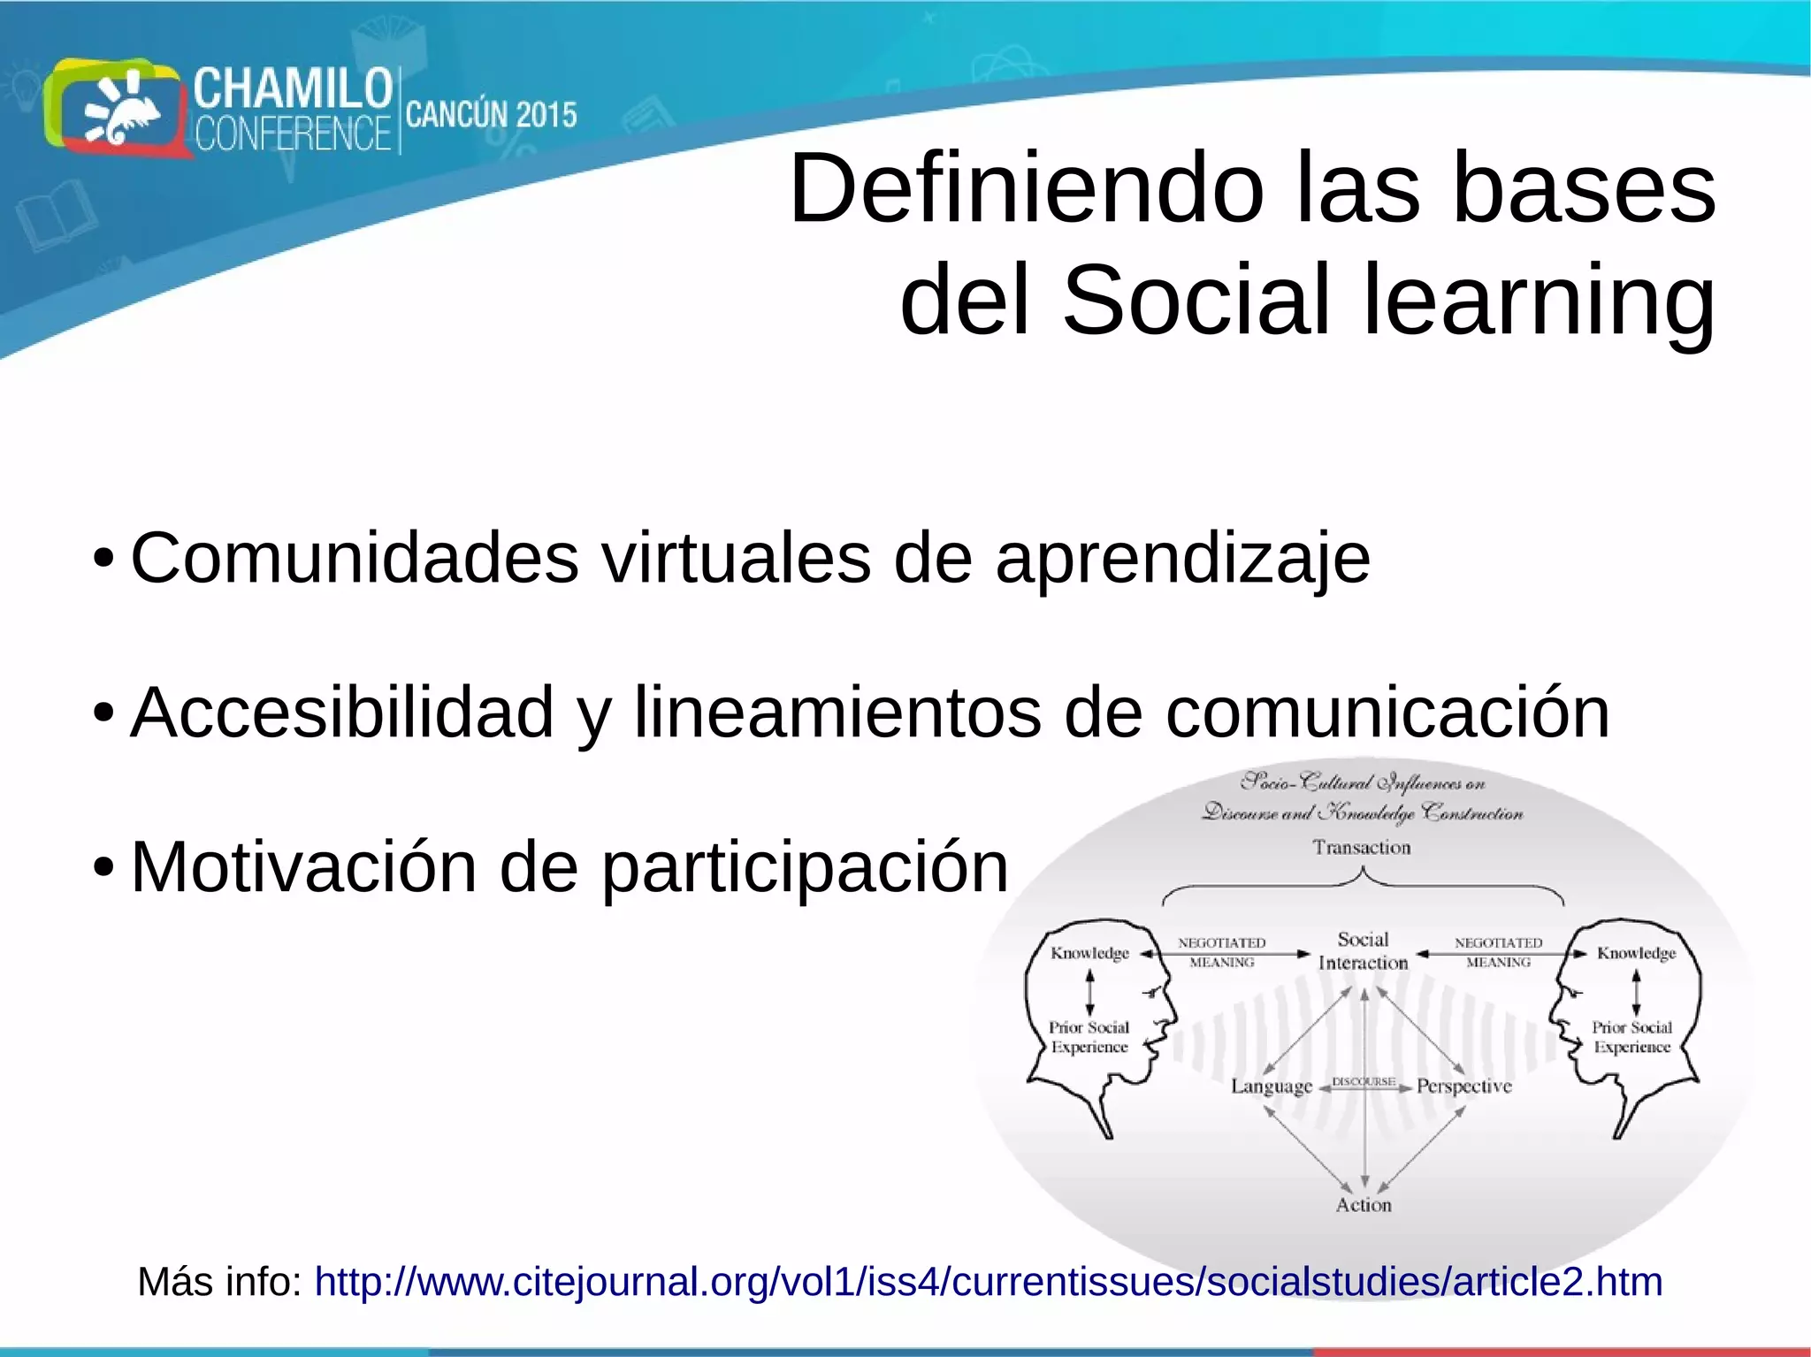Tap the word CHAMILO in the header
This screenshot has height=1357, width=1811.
293,89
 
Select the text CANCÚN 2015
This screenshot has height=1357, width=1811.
491,116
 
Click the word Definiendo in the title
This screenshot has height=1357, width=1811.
1026,189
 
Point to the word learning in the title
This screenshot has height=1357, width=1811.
1539,301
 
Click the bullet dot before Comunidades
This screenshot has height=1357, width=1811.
103,560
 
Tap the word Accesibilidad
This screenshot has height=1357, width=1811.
341,713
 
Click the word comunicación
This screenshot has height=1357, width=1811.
1387,713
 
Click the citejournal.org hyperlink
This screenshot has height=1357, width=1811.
988,1282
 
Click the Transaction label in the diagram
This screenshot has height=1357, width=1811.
1361,848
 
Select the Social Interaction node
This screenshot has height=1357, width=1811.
1363,951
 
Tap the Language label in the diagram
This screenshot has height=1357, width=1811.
1271,1086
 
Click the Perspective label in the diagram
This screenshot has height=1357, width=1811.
1463,1086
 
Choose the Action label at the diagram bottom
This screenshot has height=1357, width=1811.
1363,1205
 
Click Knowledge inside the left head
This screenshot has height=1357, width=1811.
1089,953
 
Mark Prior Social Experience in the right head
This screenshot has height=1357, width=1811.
1631,1037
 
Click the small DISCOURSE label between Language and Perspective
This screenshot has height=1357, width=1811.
1363,1082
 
